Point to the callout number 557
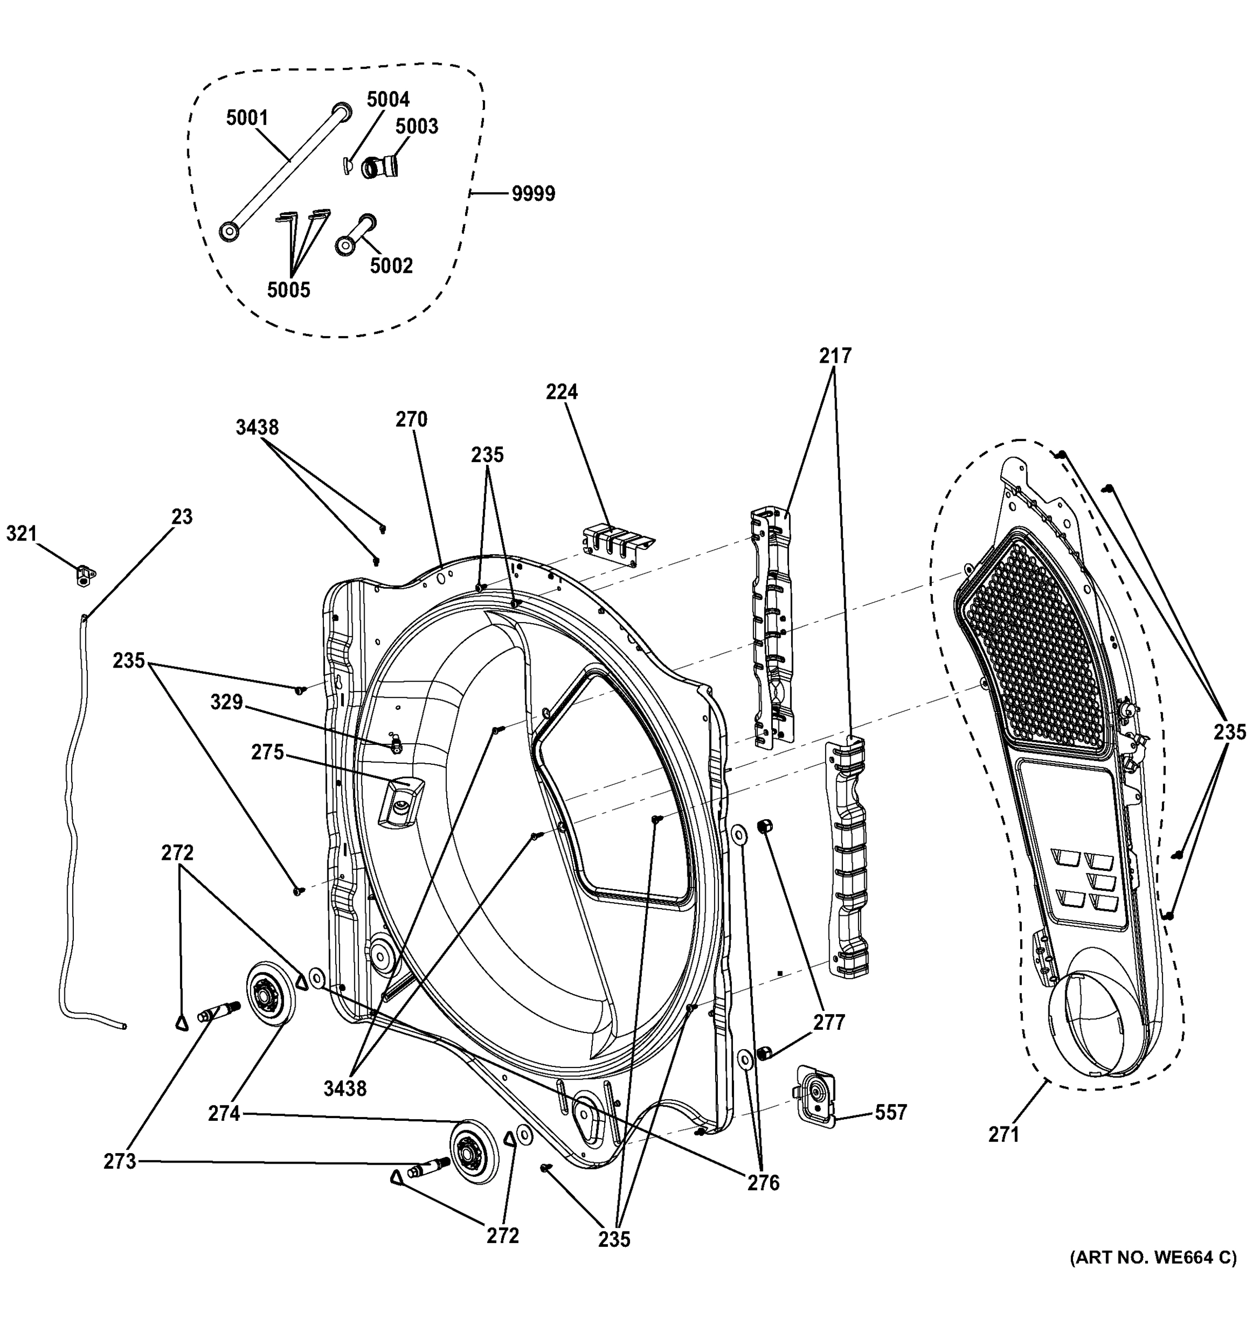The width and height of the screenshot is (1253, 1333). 890,1112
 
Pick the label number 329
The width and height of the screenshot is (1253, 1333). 227,702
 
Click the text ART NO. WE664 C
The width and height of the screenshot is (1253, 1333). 1152,1258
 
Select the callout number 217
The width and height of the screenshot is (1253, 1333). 835,356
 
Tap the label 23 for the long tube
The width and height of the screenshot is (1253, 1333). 182,517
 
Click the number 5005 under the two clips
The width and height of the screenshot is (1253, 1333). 288,290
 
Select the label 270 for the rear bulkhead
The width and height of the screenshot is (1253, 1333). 411,419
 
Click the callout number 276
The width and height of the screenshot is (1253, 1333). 763,1184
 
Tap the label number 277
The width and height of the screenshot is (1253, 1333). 829,1022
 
